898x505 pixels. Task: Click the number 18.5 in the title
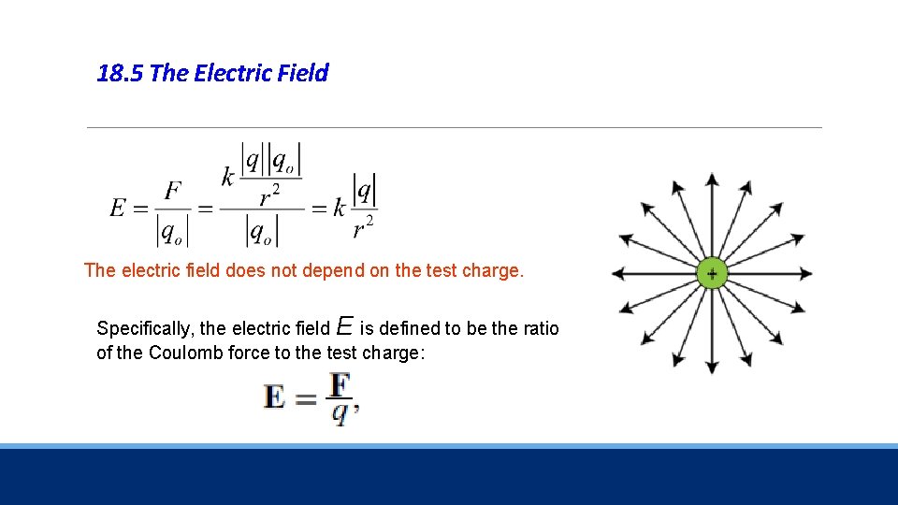click(120, 73)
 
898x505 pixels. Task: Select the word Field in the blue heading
click(303, 73)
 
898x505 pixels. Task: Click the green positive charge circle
click(712, 274)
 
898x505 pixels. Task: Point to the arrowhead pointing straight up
click(712, 179)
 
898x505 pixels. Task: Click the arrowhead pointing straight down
click(712, 368)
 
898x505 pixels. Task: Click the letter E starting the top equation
click(118, 208)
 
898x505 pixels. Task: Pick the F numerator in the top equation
click(172, 192)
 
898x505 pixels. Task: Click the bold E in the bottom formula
click(275, 397)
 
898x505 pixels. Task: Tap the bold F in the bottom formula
click(340, 384)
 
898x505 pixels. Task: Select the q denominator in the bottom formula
click(339, 412)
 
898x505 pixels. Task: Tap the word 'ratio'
click(539, 329)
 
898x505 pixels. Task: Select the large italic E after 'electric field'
click(343, 326)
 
